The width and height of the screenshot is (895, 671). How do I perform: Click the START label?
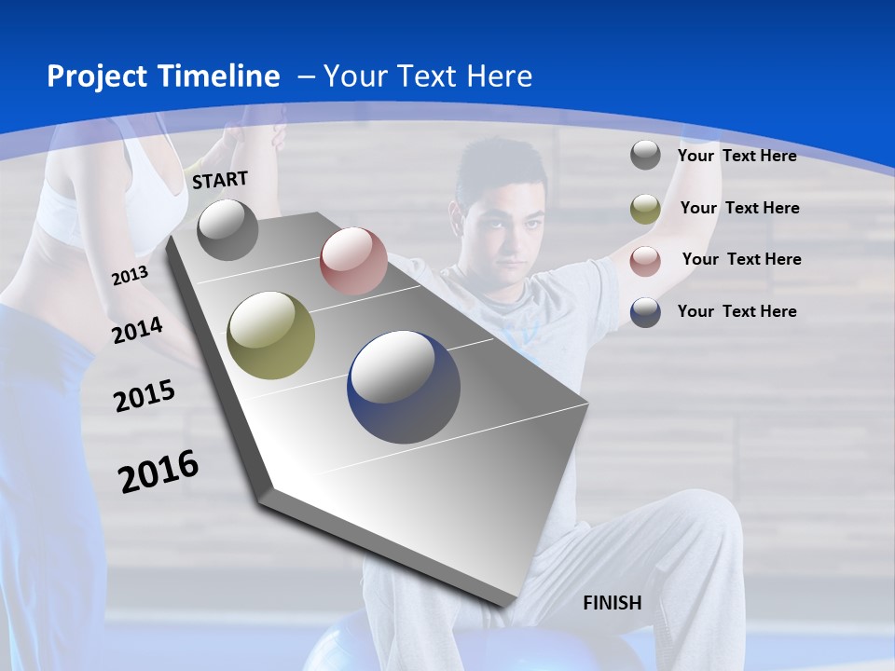click(220, 180)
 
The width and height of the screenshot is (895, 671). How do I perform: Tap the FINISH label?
click(613, 603)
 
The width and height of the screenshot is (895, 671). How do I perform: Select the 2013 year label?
click(130, 276)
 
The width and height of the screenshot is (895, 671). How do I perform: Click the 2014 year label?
click(137, 330)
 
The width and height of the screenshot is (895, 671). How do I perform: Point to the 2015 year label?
click(145, 396)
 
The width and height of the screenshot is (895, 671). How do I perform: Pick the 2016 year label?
click(158, 471)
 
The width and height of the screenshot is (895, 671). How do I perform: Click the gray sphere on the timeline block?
click(227, 229)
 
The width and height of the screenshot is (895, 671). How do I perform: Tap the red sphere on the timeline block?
click(353, 261)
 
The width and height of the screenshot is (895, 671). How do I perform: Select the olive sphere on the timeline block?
click(271, 335)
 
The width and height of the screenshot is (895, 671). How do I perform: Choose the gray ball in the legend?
click(645, 155)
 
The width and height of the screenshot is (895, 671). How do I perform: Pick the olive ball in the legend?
click(645, 209)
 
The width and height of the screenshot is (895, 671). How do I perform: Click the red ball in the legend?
click(645, 261)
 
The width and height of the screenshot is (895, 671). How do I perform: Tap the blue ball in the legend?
click(645, 312)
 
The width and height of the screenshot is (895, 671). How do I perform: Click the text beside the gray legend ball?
click(737, 156)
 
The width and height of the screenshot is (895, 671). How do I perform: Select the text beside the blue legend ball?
click(737, 311)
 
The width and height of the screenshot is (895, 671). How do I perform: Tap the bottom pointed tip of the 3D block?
click(504, 604)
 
